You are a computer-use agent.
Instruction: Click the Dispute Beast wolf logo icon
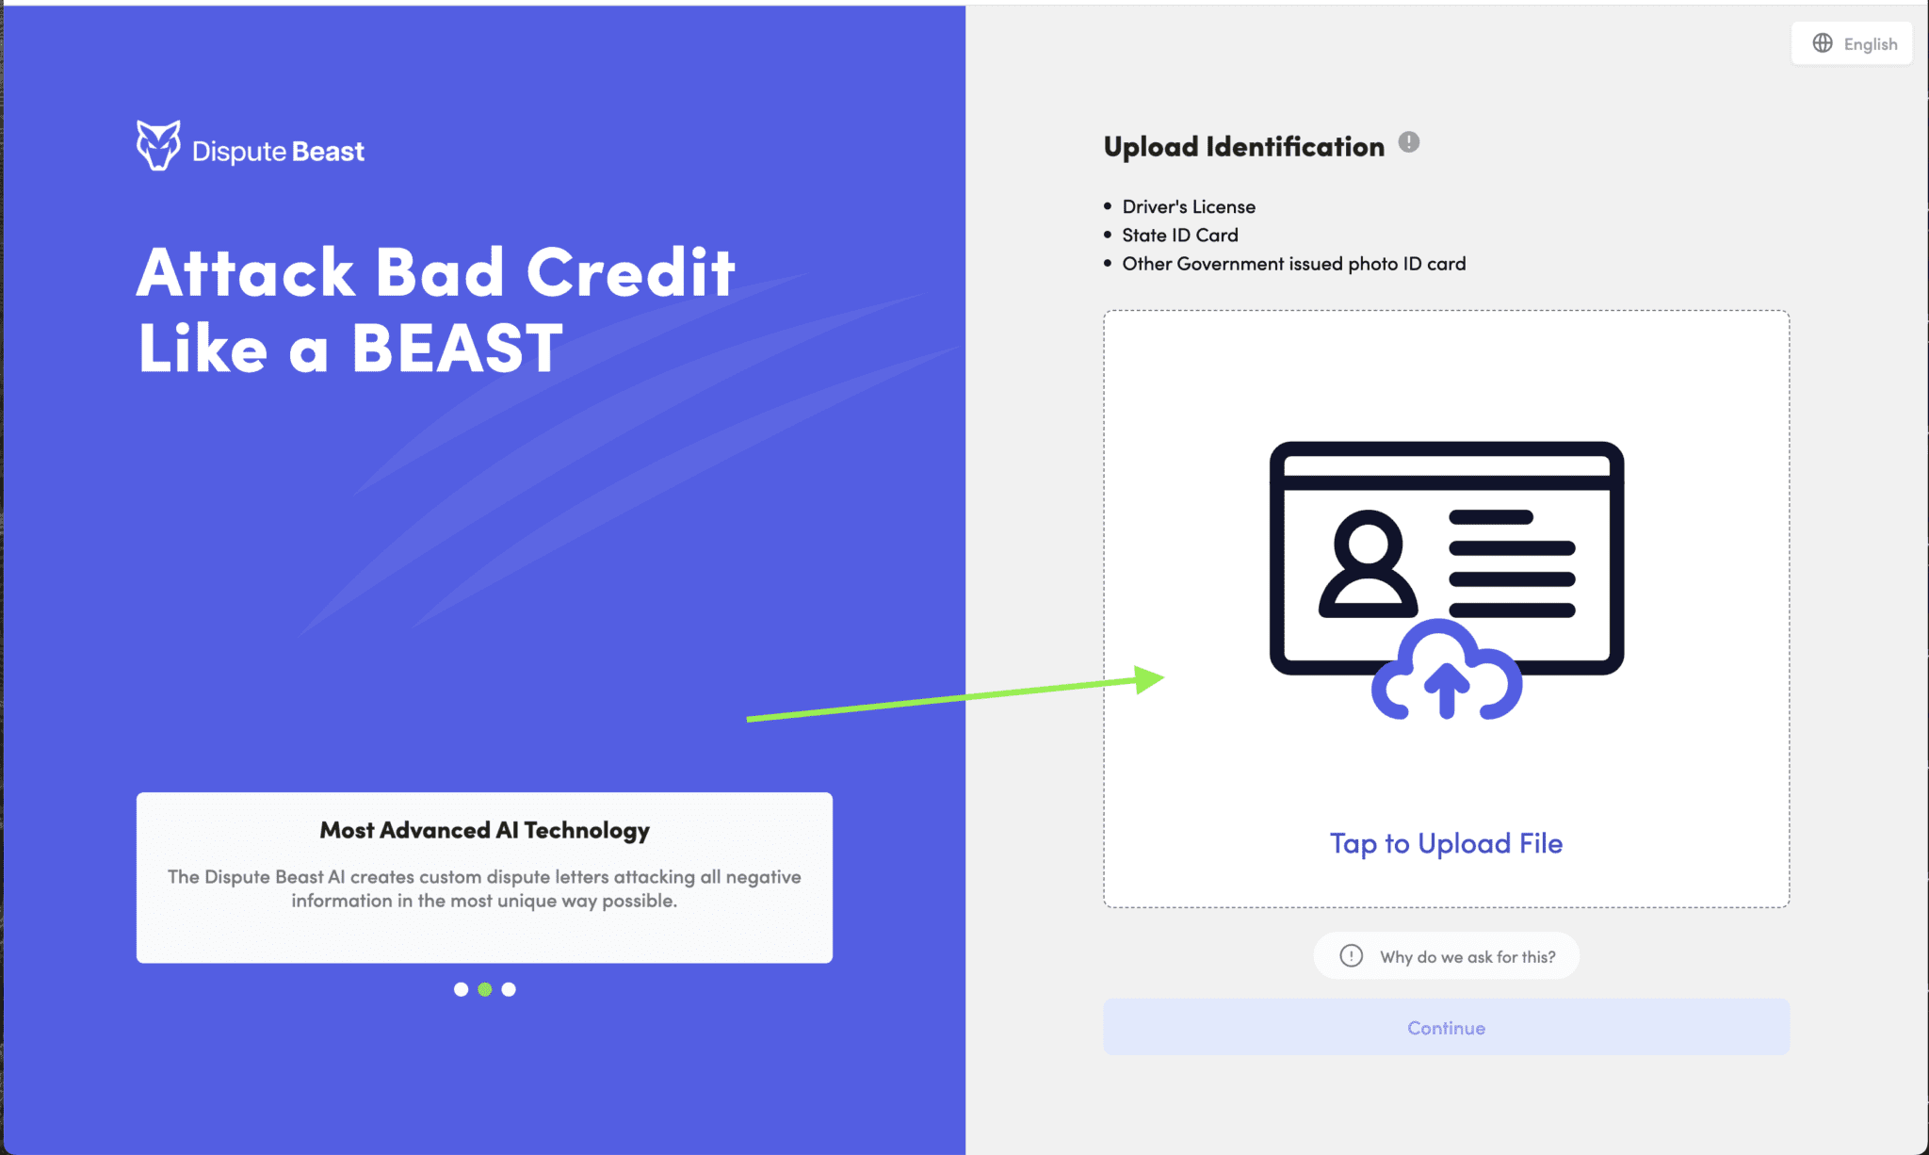tap(158, 145)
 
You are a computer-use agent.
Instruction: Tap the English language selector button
tap(1851, 43)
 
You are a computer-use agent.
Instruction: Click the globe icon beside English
tap(1823, 43)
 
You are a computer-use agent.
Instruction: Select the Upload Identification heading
tap(1243, 147)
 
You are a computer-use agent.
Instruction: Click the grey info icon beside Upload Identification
tap(1408, 142)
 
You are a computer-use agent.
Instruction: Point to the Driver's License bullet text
tap(1188, 206)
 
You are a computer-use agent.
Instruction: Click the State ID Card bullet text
tap(1179, 235)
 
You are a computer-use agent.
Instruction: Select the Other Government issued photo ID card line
tap(1293, 264)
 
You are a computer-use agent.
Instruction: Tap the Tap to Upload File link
tap(1446, 843)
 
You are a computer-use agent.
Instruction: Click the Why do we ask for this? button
tap(1446, 956)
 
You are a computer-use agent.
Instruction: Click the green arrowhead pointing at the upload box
tap(1149, 678)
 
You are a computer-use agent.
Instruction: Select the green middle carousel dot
tap(485, 989)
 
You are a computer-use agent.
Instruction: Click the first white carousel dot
tap(461, 989)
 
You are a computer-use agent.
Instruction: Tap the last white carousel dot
tap(509, 989)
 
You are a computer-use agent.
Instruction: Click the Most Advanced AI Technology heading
tap(484, 830)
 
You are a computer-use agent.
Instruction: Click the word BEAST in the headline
tap(457, 349)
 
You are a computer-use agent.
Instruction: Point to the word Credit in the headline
tap(630, 273)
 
